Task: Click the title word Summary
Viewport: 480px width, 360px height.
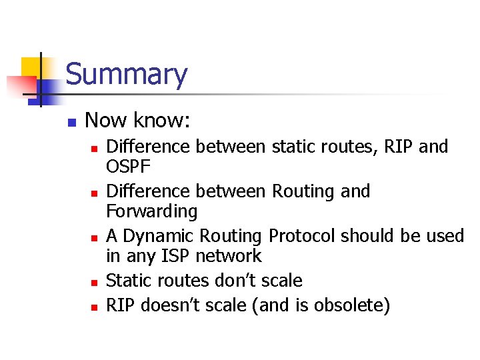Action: coord(126,75)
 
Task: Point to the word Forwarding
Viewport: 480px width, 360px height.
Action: coord(152,212)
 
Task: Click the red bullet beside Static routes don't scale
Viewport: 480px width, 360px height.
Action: coord(94,283)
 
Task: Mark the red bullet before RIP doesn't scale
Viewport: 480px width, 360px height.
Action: coord(94,307)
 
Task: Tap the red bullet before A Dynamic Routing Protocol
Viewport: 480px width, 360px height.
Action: coord(94,238)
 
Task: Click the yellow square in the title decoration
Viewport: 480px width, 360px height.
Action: coord(32,67)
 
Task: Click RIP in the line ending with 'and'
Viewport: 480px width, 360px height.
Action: coord(398,146)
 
